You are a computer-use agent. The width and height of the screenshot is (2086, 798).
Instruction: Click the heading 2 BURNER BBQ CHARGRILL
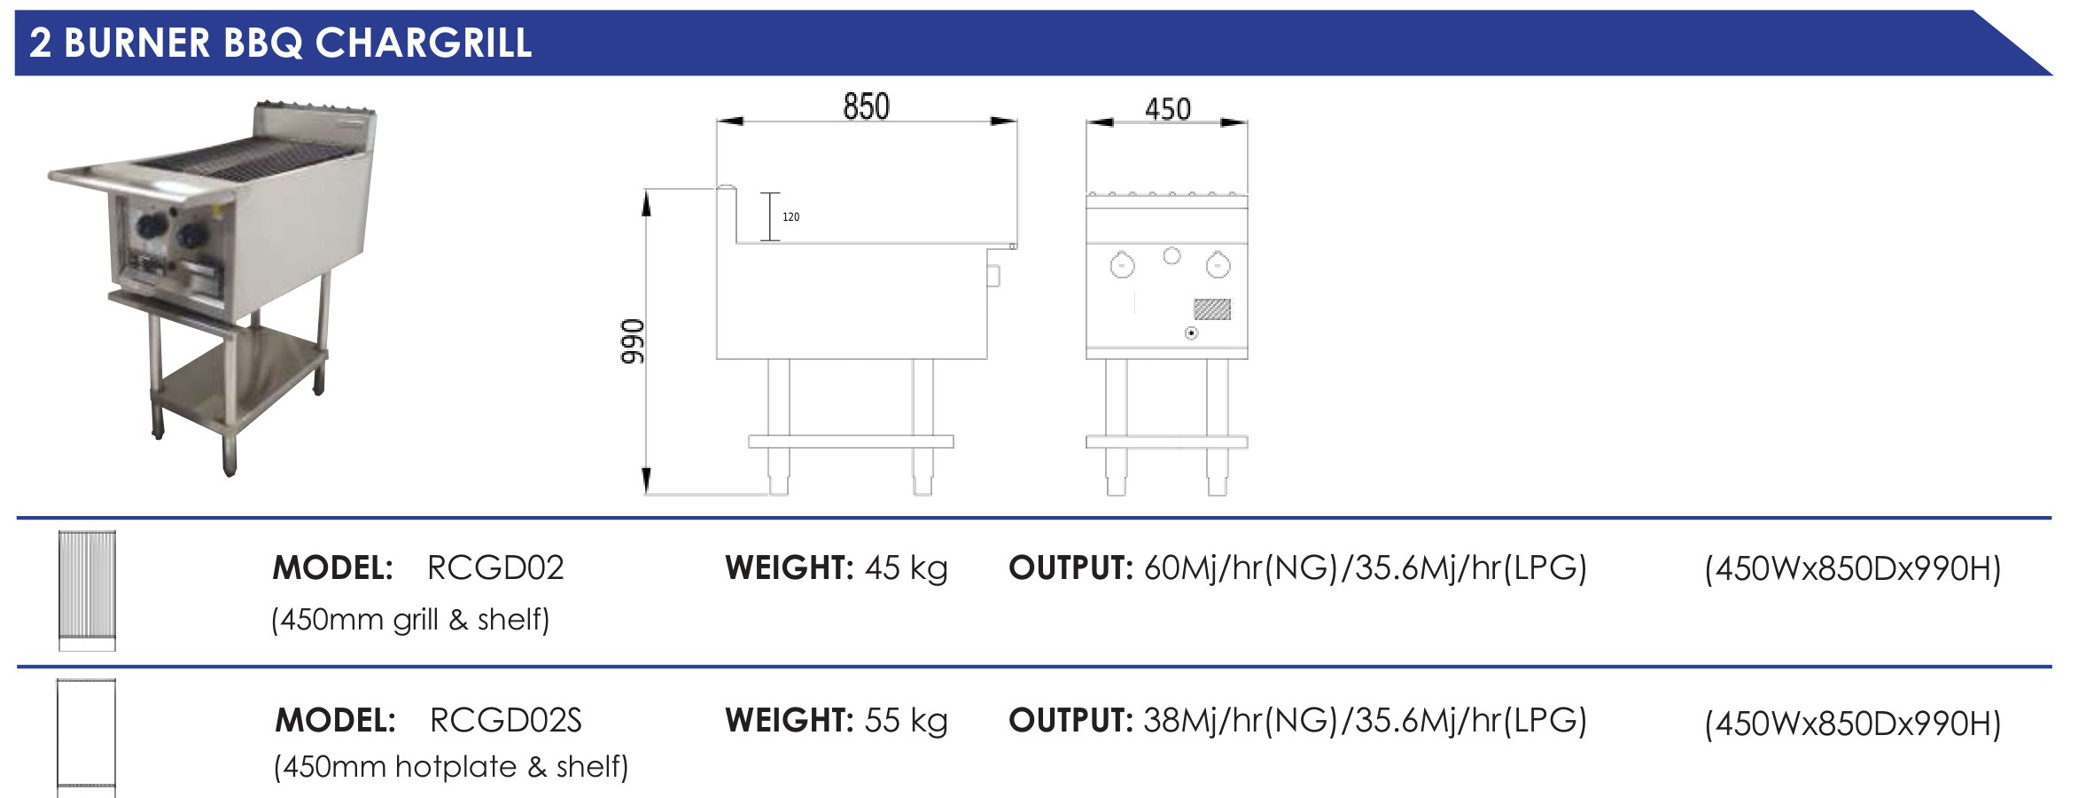point(281,43)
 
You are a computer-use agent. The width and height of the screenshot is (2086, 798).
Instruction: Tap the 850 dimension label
point(866,106)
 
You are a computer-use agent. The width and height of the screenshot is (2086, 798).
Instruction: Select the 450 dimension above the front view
point(1167,109)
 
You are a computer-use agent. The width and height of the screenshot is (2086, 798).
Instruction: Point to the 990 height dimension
point(633,341)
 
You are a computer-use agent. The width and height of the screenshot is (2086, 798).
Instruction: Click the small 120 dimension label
point(790,217)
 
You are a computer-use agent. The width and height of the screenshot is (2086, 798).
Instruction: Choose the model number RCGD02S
point(505,720)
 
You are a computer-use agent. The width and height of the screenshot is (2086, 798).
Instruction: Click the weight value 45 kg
point(906,567)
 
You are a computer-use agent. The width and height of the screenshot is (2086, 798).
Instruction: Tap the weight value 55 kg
point(906,720)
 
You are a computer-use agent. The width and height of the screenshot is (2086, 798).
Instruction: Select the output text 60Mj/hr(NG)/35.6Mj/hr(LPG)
point(1365,567)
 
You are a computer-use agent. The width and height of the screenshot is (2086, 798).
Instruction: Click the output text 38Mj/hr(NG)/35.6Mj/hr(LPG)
point(1365,720)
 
